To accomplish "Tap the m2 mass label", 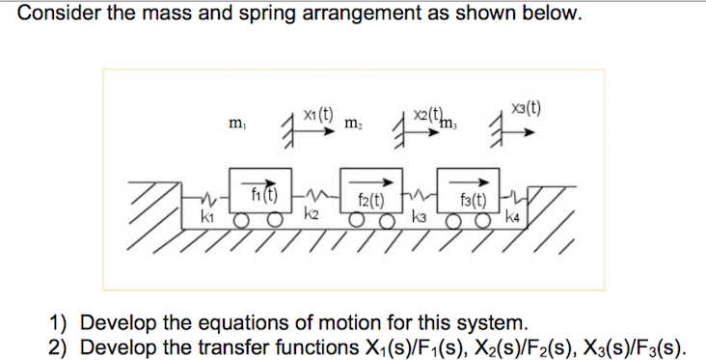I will click(354, 125).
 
